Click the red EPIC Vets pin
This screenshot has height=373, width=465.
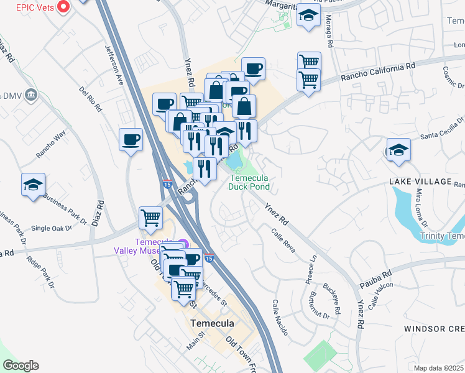63,7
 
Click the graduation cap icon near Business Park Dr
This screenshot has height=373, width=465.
34,185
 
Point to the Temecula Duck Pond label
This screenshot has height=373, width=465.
249,181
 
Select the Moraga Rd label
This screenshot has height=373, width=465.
329,34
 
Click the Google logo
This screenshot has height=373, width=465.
21,366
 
